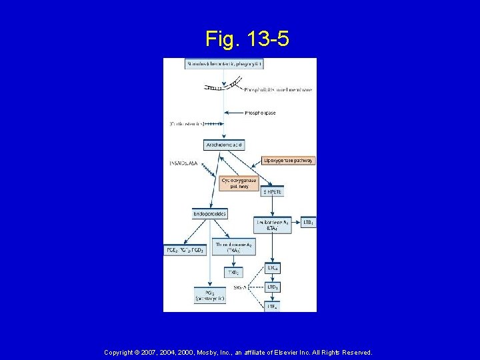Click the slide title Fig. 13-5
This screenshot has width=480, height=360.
point(247,39)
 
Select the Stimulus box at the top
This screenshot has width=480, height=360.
point(223,64)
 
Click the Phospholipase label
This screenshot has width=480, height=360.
point(259,113)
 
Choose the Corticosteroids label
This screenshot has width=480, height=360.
point(186,123)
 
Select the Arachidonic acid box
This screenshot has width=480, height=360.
point(223,145)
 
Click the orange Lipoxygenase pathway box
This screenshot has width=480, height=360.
point(289,161)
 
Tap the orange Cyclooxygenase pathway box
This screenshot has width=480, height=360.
point(238,183)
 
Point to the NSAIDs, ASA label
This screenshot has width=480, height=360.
point(184,162)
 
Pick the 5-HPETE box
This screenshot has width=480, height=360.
point(273,191)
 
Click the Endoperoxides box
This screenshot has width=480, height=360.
point(209,214)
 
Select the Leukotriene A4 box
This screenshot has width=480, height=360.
point(273,225)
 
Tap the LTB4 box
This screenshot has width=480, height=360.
point(308,221)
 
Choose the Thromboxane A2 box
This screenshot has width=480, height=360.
point(233,247)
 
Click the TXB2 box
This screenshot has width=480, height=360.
point(233,272)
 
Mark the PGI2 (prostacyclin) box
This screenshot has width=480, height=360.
point(209,295)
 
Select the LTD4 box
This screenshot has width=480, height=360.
point(273,287)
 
